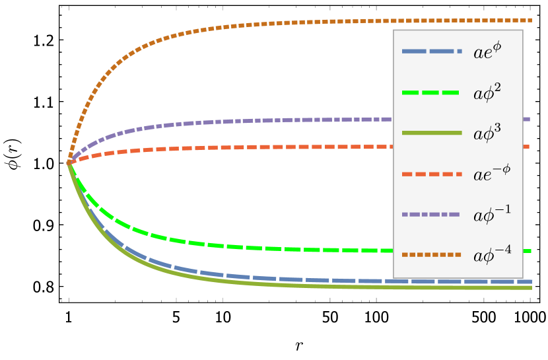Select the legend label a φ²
(487, 92)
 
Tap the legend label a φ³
(487, 133)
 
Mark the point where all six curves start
(69, 162)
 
